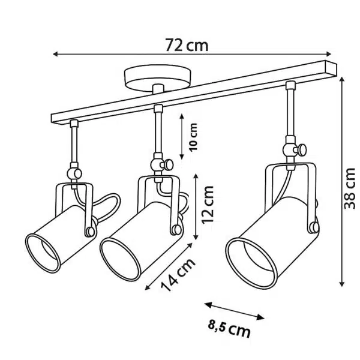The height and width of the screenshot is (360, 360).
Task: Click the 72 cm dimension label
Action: pos(187,46)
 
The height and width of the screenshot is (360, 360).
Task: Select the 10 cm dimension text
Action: pos(193,137)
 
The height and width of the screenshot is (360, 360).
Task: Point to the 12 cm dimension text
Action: pos(208,205)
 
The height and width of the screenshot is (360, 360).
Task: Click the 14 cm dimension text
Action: pos(178,275)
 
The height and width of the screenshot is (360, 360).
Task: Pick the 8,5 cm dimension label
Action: pos(229,329)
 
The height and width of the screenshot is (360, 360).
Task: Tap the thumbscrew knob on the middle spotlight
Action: pos(167,165)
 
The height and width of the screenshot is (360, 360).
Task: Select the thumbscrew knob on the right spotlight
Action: pos(301,149)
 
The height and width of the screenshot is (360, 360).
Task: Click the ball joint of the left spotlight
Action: pos(74,174)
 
